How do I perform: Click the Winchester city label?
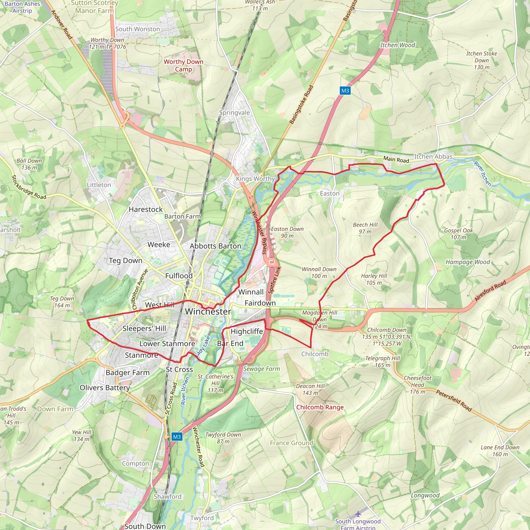[x=208, y=312]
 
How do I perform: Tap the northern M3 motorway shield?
[x=345, y=91]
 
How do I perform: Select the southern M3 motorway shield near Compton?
[x=177, y=437]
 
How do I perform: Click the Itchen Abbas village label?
[x=433, y=157]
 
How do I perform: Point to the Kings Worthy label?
[x=255, y=179]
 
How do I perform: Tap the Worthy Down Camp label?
[x=183, y=65]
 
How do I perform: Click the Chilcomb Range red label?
[x=320, y=407]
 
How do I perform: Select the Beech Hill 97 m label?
[x=365, y=228]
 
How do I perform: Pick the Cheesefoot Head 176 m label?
[x=417, y=385]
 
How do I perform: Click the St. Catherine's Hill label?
[x=215, y=383]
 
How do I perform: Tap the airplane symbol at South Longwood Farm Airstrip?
[x=358, y=513]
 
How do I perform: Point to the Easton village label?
[x=329, y=193]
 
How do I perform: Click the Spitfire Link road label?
[x=274, y=280]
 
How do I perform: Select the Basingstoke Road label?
[x=301, y=105]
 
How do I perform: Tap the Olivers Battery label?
[x=105, y=388]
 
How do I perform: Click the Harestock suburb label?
[x=146, y=209]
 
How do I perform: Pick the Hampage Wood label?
[x=467, y=262]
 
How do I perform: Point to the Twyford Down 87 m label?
[x=223, y=438]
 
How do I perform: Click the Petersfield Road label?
[x=454, y=401]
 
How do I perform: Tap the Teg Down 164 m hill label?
[x=62, y=302]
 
